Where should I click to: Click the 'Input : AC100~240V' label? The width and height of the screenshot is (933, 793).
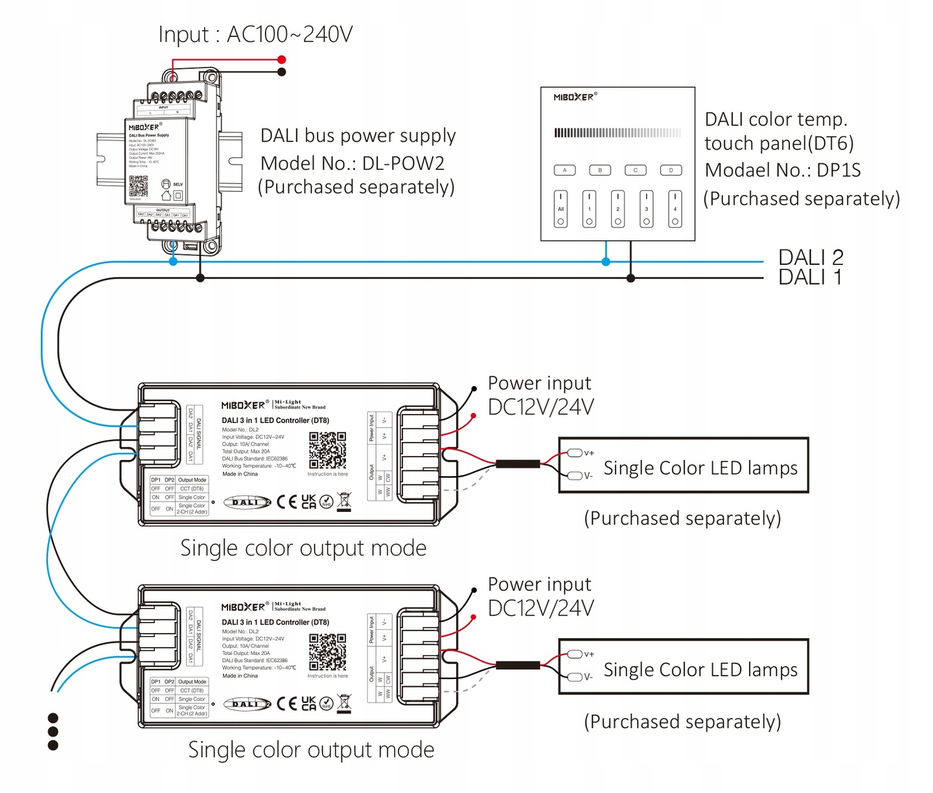(255, 34)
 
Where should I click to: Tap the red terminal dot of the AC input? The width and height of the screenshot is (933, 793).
(282, 60)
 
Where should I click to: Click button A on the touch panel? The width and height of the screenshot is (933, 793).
(564, 170)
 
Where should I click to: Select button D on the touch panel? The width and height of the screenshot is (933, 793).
(671, 170)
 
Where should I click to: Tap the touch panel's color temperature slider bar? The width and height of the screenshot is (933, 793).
(617, 133)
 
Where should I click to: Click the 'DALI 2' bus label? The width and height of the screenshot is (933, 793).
(811, 257)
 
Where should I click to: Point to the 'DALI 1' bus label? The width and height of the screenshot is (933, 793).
(810, 277)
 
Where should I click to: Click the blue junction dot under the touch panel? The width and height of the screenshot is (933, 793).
(606, 262)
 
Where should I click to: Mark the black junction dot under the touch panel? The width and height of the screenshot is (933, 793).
(630, 278)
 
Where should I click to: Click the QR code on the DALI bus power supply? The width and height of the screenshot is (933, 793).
(138, 185)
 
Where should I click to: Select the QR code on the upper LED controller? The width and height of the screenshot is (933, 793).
(327, 450)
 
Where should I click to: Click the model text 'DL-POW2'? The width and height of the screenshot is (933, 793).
(403, 163)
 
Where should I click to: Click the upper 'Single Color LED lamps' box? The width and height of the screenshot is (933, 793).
(684, 466)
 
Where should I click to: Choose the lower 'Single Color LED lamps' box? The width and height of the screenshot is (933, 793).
(684, 667)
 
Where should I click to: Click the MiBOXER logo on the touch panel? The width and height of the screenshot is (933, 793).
(574, 97)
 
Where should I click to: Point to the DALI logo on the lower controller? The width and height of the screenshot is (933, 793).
(247, 704)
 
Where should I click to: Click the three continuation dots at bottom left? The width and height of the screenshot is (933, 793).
(53, 731)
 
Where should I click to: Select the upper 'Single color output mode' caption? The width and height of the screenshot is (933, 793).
(303, 548)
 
